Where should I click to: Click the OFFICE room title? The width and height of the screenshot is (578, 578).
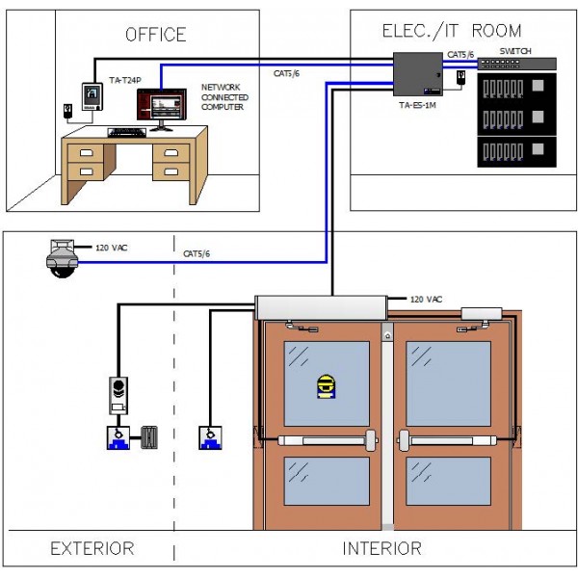[x=156, y=35]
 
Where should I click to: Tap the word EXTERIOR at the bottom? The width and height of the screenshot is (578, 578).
[x=92, y=549]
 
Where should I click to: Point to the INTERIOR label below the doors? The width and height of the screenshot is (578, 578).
[x=382, y=549]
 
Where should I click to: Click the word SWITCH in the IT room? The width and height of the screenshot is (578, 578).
[x=515, y=50]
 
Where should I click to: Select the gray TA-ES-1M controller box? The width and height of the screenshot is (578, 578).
[x=417, y=71]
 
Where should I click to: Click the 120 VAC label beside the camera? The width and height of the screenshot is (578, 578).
[x=112, y=249]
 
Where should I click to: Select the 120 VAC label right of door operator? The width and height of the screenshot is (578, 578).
[x=426, y=300]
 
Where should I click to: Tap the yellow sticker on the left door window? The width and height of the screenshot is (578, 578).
[x=327, y=385]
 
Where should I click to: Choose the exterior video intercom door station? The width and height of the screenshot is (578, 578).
[x=118, y=394]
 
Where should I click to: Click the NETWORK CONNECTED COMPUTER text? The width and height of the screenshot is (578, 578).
[x=223, y=96]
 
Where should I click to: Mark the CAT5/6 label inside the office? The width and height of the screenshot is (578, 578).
[x=286, y=73]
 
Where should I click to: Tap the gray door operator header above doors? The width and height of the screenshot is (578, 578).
[x=320, y=306]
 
